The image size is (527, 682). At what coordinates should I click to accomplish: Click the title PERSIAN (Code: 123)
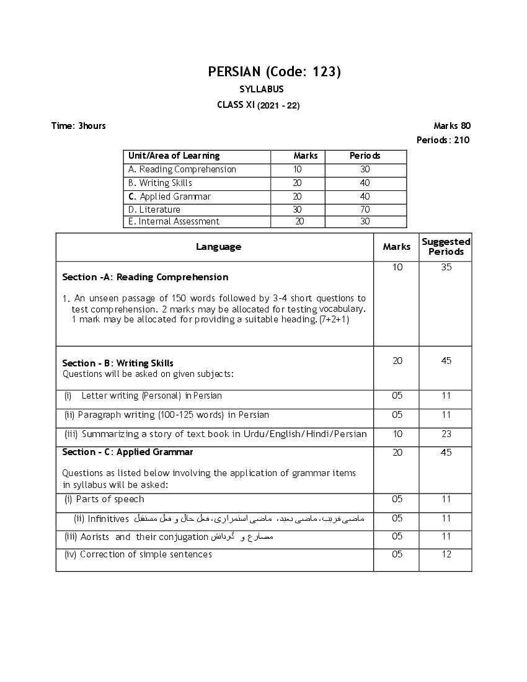click(274, 72)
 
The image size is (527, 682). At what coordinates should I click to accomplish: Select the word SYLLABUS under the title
click(261, 90)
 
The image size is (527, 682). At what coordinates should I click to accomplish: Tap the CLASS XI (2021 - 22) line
click(258, 105)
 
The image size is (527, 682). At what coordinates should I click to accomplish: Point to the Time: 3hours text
click(78, 126)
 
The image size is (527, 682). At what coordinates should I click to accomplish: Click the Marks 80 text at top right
click(452, 126)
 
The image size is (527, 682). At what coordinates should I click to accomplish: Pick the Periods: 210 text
click(443, 140)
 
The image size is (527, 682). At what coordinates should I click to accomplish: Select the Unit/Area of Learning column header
click(174, 156)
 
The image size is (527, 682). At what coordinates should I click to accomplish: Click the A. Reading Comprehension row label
click(182, 169)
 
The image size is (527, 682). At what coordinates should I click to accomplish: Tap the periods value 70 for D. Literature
click(365, 210)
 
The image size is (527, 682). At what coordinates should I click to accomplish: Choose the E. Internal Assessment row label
click(174, 221)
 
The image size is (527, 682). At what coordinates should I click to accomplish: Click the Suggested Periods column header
click(446, 247)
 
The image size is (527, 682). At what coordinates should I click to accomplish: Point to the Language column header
click(218, 247)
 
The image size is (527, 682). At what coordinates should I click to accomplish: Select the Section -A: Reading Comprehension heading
click(145, 277)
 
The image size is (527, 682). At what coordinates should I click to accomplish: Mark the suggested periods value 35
click(446, 268)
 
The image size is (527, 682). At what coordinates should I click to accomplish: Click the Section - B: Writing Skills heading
click(118, 363)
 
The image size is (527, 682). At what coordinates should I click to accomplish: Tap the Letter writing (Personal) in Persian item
click(151, 396)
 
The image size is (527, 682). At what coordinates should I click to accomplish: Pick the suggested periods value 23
click(446, 435)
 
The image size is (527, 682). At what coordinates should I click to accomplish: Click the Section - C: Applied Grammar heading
click(128, 452)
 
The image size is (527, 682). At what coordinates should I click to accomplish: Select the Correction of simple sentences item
click(146, 554)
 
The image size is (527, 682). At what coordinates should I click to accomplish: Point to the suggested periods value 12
click(446, 554)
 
